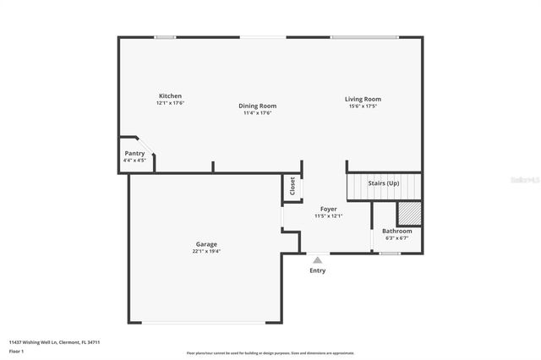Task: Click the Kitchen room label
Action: point(170,96)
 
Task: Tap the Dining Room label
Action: point(257,106)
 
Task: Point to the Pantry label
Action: point(134,154)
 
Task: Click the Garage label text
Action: point(207,244)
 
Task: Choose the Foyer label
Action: point(328,209)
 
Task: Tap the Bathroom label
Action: point(397,231)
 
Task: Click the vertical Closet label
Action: point(292,187)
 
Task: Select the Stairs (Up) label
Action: point(384,183)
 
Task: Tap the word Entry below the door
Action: point(317,270)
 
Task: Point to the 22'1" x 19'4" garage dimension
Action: point(207,251)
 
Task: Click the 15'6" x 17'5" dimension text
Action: point(363,106)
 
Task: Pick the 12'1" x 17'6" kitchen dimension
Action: point(170,103)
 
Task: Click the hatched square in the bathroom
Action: point(409,211)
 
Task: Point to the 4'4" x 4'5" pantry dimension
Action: point(134,161)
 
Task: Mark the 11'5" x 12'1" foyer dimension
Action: point(328,215)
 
